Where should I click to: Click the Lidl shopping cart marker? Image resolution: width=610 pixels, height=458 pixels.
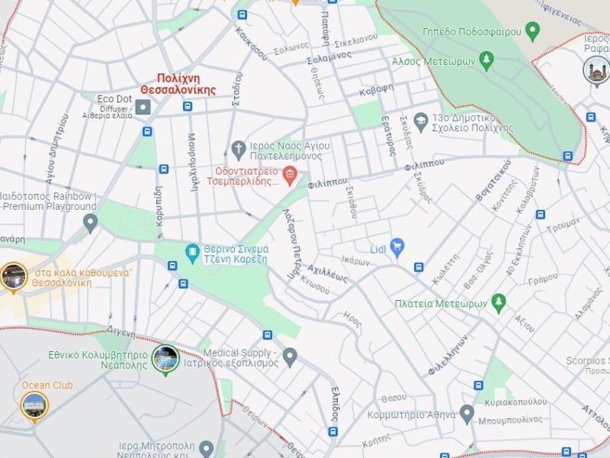[396, 246]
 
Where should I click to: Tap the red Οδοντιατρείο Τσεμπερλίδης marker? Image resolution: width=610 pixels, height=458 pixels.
[289, 176]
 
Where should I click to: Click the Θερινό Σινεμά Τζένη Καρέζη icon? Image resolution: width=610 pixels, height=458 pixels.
[192, 250]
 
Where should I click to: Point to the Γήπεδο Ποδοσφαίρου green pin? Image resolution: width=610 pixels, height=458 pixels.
[532, 31]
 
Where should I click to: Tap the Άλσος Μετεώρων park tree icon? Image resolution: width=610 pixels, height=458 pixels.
[486, 60]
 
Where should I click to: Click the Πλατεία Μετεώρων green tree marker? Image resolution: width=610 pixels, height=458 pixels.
[499, 303]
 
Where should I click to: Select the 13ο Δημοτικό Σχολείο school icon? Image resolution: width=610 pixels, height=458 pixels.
[420, 119]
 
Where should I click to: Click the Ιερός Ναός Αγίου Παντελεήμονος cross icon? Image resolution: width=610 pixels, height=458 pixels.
[239, 147]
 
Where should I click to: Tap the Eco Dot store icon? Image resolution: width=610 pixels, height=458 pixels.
[143, 107]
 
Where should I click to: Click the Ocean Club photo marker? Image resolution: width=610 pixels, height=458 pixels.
[34, 405]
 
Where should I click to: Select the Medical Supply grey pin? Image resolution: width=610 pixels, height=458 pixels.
[289, 356]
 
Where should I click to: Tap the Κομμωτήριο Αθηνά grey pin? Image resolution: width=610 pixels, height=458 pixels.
[467, 414]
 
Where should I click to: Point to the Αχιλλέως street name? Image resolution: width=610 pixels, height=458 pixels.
[327, 274]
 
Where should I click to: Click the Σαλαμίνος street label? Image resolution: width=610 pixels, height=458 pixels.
[329, 58]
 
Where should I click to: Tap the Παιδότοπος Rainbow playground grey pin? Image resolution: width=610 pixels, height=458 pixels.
[90, 223]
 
